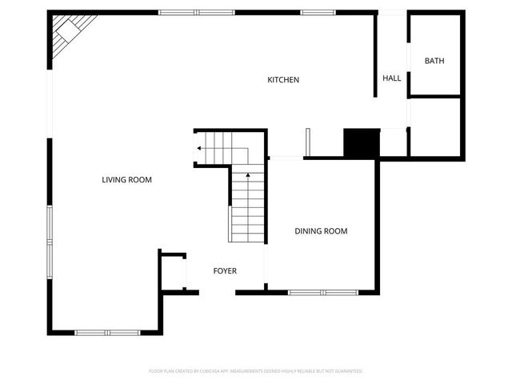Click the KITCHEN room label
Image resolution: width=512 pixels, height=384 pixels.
tap(283, 80)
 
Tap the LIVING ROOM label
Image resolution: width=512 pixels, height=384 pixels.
tap(126, 180)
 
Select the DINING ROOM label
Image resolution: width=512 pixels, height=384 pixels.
tap(321, 231)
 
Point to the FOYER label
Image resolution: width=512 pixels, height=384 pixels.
tap(225, 271)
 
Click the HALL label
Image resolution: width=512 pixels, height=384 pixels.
tap(391, 78)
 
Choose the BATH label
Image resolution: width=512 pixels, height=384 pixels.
tap(434, 61)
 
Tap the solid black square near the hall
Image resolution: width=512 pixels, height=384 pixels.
tap(359, 144)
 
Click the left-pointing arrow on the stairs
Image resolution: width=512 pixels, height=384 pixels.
tap(198, 147)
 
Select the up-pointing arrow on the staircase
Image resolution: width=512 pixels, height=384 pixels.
tap(248, 174)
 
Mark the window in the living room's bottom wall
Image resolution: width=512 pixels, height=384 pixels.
tap(107, 332)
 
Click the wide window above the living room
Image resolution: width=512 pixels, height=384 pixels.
tap(190, 12)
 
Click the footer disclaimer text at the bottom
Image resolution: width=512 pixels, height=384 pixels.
tap(256, 371)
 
